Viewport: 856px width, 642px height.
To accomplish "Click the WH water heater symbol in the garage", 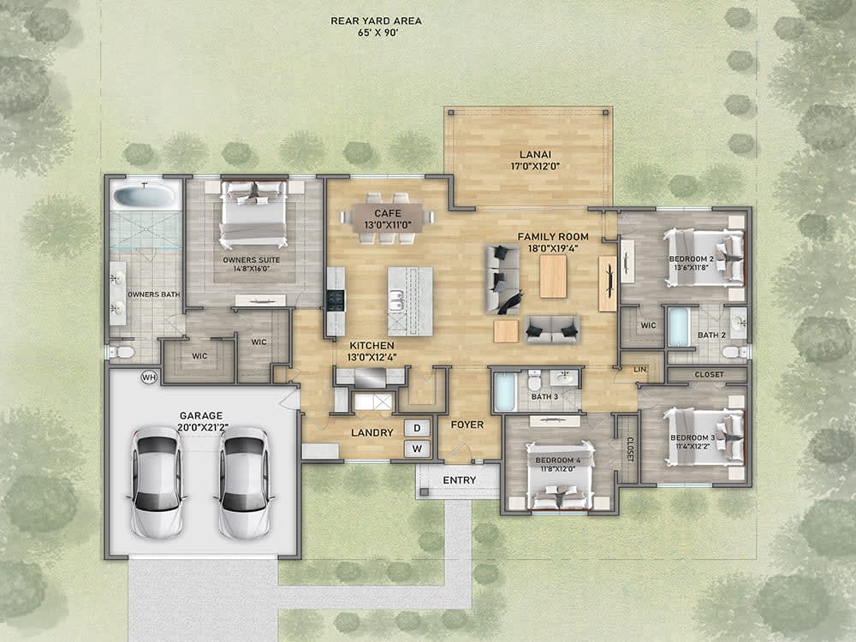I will (149, 377).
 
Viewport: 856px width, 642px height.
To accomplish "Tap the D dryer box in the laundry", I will (418, 427).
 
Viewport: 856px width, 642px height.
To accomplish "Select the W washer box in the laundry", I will (418, 448).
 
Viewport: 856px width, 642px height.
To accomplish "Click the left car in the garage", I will (156, 482).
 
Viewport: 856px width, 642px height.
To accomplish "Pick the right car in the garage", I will (244, 482).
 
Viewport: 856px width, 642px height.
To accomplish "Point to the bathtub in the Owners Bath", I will (144, 196).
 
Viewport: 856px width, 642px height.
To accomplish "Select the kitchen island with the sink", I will (409, 300).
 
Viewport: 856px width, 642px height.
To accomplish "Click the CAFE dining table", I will (387, 217).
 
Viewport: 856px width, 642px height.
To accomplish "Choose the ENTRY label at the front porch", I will (459, 480).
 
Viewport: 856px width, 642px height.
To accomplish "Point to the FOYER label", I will (467, 425).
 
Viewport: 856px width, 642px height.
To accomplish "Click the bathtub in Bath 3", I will (505, 392).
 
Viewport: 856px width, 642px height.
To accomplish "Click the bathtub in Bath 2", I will (678, 327).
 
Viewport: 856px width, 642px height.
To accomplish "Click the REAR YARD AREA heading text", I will (376, 21).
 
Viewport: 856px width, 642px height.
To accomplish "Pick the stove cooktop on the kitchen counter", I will (336, 300).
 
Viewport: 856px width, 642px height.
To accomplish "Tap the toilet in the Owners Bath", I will (123, 351).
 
